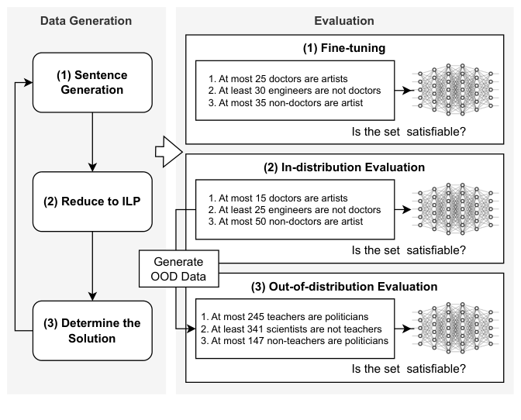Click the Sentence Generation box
pyautogui.click(x=92, y=82)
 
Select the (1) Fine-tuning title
pyautogui.click(x=344, y=48)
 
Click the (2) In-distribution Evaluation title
pyautogui.click(x=344, y=167)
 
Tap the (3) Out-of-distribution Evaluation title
pyautogui.click(x=344, y=286)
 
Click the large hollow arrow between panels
pyautogui.click(x=167, y=148)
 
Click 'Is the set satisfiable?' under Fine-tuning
pyautogui.click(x=409, y=131)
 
